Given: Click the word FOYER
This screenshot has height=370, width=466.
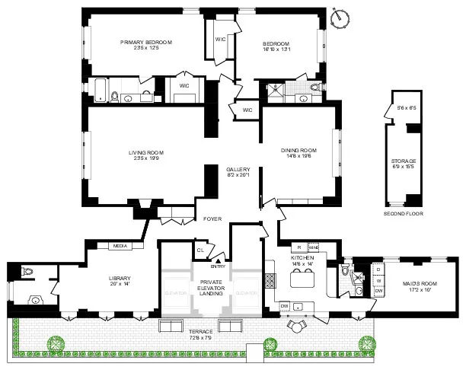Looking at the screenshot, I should click(212, 218).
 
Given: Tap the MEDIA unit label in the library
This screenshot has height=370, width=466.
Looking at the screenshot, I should click(120, 246).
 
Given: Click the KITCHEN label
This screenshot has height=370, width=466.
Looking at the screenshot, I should click(303, 260).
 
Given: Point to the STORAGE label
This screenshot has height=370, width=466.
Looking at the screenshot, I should click(404, 161).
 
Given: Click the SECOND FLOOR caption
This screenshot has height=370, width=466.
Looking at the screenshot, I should click(404, 214).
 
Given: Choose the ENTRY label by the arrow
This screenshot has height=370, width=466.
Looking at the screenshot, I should click(219, 266).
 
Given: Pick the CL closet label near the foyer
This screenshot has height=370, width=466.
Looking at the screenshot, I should click(200, 250).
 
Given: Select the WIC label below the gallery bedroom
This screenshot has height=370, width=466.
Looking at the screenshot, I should click(247, 110).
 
